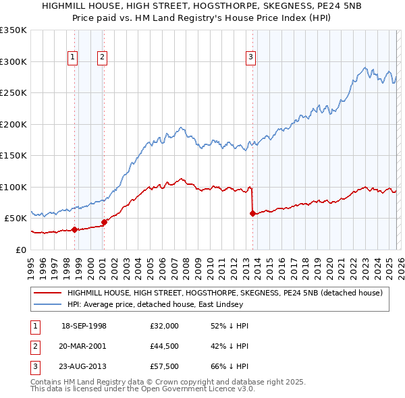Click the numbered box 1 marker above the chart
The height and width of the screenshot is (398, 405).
click(x=72, y=57)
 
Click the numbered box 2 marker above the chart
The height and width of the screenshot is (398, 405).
click(x=102, y=57)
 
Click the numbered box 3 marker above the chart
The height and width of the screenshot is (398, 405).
click(x=250, y=57)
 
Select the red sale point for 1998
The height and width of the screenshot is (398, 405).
click(x=74, y=229)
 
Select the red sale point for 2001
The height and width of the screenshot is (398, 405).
click(x=104, y=222)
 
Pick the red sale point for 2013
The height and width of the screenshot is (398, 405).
click(x=252, y=214)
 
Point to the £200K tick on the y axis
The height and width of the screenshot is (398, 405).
click(x=13, y=124)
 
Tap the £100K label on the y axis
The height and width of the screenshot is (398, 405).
click(x=13, y=187)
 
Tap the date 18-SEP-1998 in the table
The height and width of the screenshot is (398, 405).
click(x=84, y=326)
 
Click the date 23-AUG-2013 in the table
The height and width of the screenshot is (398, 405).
click(x=84, y=366)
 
